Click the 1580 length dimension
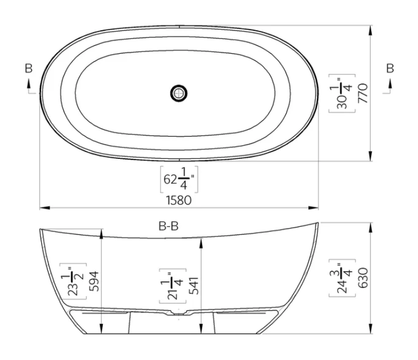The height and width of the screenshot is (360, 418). [x=178, y=200]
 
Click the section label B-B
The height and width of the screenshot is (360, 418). [x=168, y=226]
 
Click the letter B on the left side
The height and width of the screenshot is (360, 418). [x=29, y=69]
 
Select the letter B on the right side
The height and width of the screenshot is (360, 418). [x=390, y=69]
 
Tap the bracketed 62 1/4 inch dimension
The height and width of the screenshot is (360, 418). [x=178, y=181]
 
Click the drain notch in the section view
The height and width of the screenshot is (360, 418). [x=178, y=313]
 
